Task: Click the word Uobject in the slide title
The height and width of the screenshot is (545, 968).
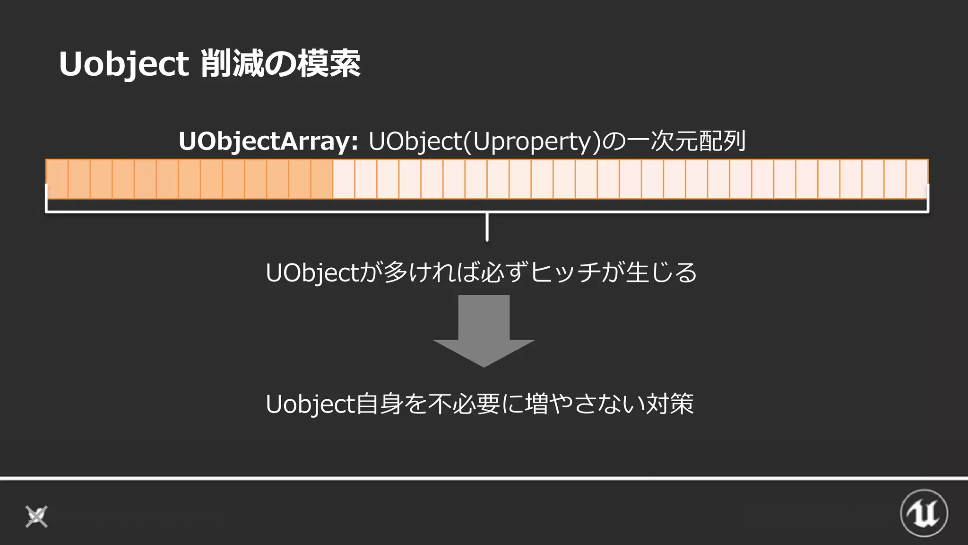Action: [x=124, y=64]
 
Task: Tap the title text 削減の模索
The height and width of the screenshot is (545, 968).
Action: [x=280, y=64]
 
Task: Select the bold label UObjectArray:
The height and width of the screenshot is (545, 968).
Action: [x=268, y=141]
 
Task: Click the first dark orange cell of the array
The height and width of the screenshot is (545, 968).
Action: [x=57, y=179]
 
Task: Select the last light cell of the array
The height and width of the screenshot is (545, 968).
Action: [x=917, y=179]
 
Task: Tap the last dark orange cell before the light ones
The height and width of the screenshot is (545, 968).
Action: [x=322, y=179]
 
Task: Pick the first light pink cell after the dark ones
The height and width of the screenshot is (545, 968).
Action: [x=344, y=179]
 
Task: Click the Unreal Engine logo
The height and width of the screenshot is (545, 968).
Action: [x=924, y=513]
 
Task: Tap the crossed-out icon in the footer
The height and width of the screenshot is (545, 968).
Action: [x=36, y=516]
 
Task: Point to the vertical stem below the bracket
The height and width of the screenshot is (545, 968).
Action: [x=487, y=227]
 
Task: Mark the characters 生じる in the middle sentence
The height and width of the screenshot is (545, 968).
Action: [x=661, y=272]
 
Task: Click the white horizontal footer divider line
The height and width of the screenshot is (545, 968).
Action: [x=484, y=478]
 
